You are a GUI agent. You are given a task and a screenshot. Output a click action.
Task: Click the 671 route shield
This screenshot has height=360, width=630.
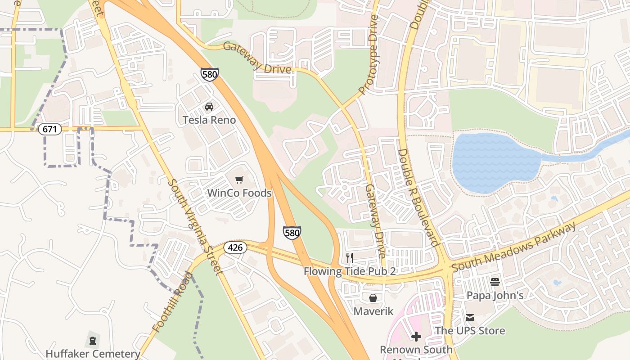point(49,129)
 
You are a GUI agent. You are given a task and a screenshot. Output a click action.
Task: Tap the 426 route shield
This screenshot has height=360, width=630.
point(235,247)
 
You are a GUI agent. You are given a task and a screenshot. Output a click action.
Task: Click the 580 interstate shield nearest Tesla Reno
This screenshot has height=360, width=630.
point(210,74)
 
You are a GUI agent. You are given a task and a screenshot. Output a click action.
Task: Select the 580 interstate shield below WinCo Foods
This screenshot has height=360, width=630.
point(292,233)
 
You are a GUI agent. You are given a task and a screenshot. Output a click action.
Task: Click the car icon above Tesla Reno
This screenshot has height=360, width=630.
point(209,107)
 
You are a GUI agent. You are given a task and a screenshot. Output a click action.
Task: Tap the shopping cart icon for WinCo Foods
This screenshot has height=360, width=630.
point(239,180)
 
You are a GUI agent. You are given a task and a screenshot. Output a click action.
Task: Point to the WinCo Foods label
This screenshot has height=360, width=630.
point(239,193)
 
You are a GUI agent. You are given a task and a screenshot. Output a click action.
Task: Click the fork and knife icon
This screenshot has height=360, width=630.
point(349,258)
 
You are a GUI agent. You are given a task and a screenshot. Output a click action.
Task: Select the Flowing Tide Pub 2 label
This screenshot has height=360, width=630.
point(349,271)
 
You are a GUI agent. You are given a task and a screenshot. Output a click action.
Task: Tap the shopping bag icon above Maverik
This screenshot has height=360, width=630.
point(373,298)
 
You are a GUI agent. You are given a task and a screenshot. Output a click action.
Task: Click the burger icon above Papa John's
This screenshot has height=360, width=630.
point(495,282)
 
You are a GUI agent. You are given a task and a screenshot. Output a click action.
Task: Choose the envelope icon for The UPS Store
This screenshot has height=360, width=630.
point(470,318)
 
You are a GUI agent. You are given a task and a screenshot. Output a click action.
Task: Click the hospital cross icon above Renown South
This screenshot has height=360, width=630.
point(416,336)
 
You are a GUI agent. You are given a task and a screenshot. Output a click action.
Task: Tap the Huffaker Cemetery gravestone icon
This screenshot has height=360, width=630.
point(93,341)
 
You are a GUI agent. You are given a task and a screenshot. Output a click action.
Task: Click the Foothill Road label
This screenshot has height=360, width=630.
point(172,302)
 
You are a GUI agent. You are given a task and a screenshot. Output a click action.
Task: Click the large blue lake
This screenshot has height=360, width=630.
point(495,162)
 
